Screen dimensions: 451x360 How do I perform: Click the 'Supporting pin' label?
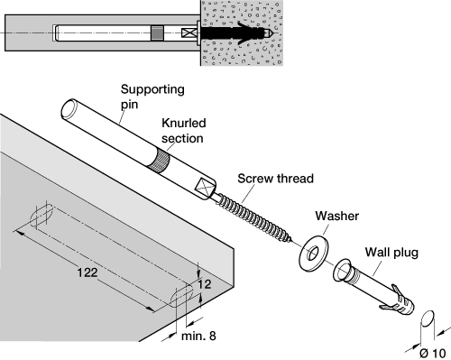pos(152,97)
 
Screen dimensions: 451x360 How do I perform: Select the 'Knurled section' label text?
pos(184,131)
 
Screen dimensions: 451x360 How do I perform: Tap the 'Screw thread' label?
pos(275,179)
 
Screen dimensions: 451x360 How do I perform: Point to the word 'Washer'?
pos(337,216)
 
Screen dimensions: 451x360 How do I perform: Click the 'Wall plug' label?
pos(391,253)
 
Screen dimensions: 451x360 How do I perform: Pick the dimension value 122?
pos(87,272)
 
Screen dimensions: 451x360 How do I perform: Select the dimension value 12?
pos(205,284)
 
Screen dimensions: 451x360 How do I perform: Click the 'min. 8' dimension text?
pos(198,336)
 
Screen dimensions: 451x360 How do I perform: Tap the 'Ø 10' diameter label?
pos(433,353)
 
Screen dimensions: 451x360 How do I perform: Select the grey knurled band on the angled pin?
pos(160,162)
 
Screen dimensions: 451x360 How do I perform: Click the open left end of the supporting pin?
pos(69,109)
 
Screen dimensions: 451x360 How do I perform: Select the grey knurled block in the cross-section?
pos(157,32)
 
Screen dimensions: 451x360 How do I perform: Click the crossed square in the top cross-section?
pos(188,32)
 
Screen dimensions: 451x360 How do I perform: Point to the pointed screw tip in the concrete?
pos(269,32)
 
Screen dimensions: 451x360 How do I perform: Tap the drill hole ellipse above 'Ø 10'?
pos(428,318)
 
